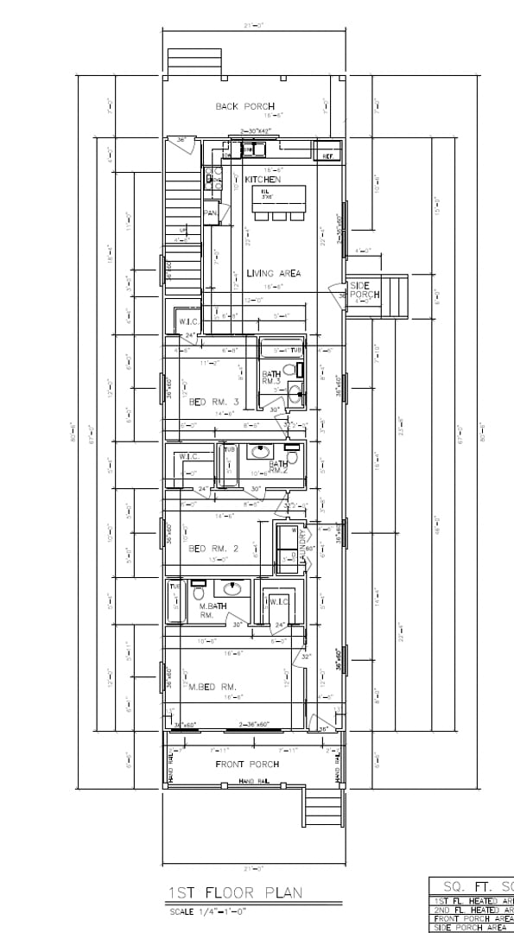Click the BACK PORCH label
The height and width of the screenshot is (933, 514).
[245, 106]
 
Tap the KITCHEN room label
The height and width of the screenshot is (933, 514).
[263, 179]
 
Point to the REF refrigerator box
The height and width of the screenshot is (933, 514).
[327, 156]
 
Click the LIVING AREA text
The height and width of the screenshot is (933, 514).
[273, 273]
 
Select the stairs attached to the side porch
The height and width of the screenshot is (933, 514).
[397, 296]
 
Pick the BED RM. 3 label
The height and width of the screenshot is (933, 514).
[213, 402]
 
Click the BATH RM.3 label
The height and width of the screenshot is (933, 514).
[272, 377]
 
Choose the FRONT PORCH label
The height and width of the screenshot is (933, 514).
[246, 764]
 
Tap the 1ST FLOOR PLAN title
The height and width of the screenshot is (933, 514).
[236, 892]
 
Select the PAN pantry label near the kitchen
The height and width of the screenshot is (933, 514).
[210, 213]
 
